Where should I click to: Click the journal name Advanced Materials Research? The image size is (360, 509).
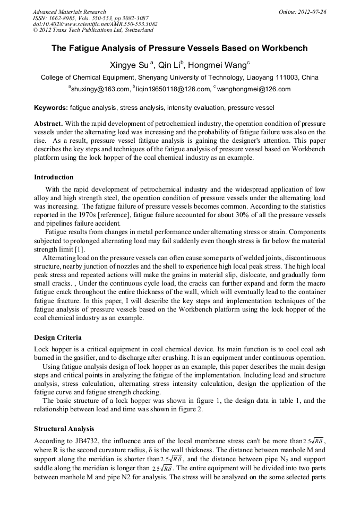(x=69, y=11)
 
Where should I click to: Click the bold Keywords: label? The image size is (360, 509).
(x=51, y=108)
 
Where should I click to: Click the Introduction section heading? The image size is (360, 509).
(x=54, y=177)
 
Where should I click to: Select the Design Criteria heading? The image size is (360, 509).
(x=57, y=338)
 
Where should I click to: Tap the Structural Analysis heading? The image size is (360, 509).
(x=64, y=428)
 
